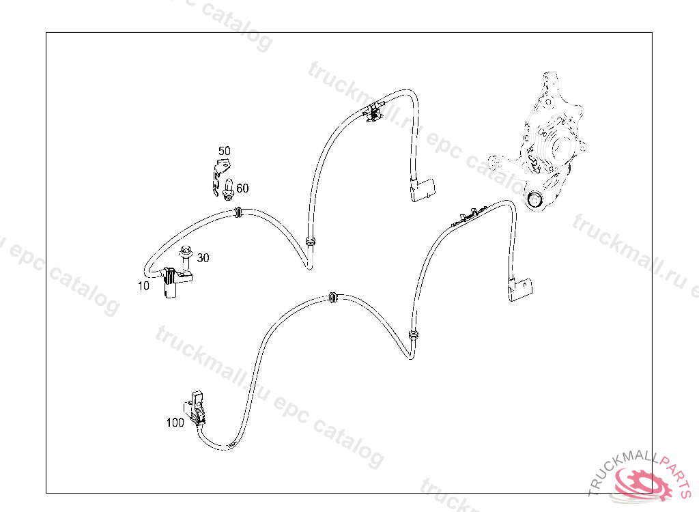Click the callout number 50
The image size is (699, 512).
(x=224, y=151)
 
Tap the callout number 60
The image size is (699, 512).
(x=242, y=188)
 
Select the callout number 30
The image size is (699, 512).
(x=203, y=258)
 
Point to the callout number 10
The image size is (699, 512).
(x=143, y=286)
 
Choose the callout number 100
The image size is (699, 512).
(x=175, y=423)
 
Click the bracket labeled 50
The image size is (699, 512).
(x=219, y=175)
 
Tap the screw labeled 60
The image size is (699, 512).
(x=229, y=188)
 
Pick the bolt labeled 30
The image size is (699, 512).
(x=186, y=259)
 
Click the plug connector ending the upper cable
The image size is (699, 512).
(x=422, y=190)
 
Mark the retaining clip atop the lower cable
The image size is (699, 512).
(x=468, y=216)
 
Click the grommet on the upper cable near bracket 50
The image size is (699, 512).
(x=238, y=212)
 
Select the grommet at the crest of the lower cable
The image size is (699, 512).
(x=332, y=298)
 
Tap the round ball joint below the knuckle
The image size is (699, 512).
(x=534, y=200)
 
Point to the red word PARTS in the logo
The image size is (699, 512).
(x=677, y=474)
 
